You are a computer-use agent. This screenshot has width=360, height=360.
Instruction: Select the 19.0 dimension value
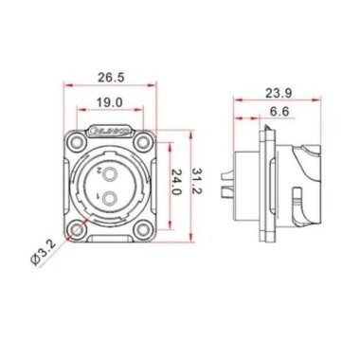click(111, 101)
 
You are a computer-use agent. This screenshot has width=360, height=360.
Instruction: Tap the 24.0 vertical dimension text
click(174, 182)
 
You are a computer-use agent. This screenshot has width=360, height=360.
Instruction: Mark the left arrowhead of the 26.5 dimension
click(65, 85)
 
